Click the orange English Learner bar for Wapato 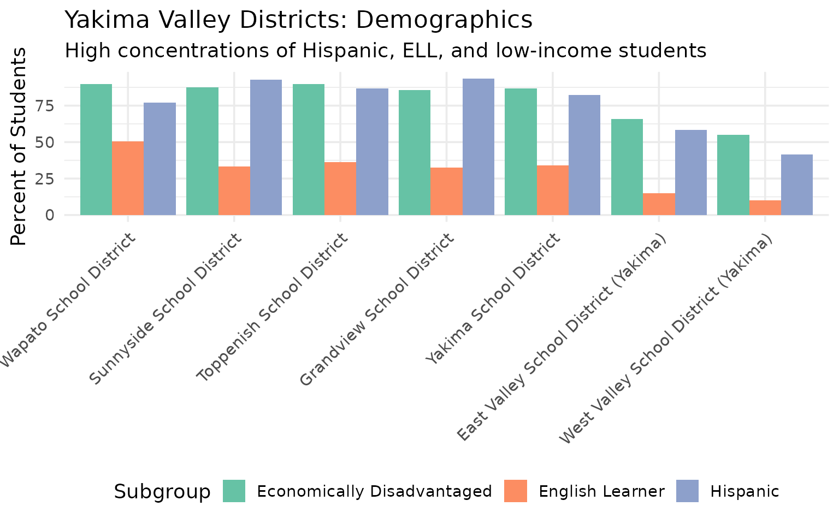(128, 178)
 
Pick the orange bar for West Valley (765, 207)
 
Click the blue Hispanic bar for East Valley (690, 172)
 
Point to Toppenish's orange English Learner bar (340, 188)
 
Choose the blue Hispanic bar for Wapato (159, 158)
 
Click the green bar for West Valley (733, 175)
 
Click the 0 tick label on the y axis (50, 215)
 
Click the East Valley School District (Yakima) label (563, 338)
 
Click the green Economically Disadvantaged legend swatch (234, 491)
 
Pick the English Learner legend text (601, 491)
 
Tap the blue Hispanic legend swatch (687, 491)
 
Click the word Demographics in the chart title (444, 20)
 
